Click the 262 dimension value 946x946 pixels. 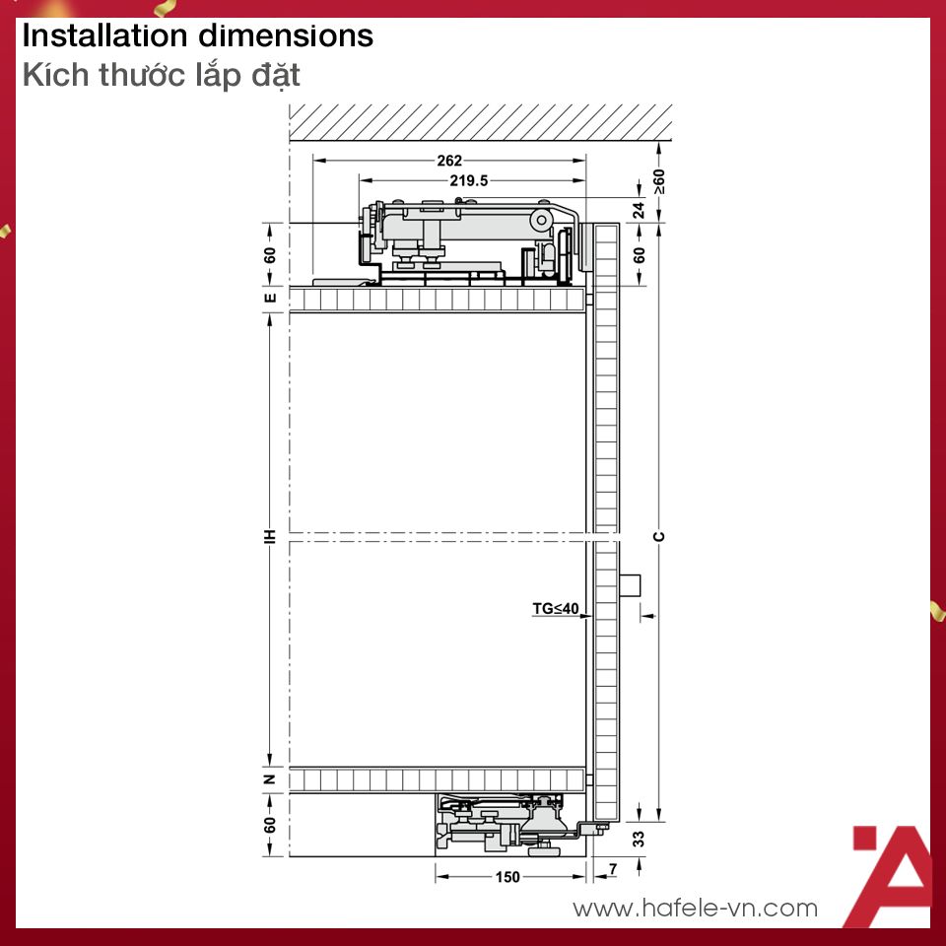coord(449,161)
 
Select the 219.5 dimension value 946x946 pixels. coord(469,180)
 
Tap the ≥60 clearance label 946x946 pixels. coord(659,181)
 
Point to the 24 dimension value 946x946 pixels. coord(639,210)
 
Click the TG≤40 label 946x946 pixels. coord(556,608)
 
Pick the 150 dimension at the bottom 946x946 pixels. coord(507,877)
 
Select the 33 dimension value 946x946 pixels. coord(639,839)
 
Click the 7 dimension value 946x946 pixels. coord(613,869)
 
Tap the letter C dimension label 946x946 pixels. coord(659,537)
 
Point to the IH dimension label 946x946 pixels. coord(270,536)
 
